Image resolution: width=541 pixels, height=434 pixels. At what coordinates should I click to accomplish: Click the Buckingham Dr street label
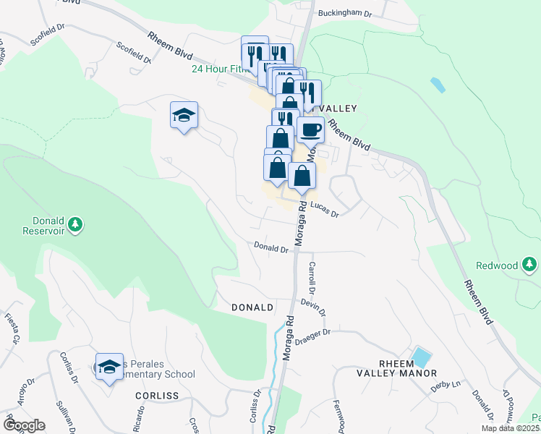point(345,13)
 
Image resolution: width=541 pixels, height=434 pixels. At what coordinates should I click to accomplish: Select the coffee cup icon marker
point(310,130)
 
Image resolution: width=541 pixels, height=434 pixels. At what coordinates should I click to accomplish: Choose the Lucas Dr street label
point(324,209)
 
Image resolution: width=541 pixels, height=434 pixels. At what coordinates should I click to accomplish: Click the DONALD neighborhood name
point(252,307)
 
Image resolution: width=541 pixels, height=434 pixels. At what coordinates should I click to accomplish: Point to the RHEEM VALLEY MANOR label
point(396,367)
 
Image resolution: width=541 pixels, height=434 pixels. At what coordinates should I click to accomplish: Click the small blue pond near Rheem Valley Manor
point(420,357)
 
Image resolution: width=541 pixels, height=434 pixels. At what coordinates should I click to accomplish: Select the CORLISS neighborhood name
point(156,396)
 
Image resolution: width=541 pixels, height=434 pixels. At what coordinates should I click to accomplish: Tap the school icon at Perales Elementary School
point(109,366)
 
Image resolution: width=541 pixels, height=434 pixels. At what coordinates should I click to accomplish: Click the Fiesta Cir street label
point(12,328)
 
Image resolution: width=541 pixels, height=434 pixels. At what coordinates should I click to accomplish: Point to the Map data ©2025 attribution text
point(510,428)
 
